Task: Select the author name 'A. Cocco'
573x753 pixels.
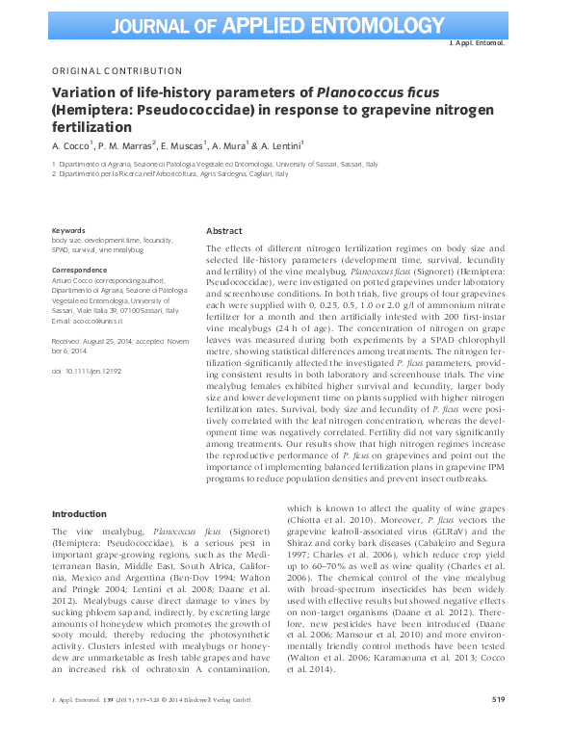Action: [x=70, y=146]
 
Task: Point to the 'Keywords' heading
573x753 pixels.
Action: [x=68, y=231]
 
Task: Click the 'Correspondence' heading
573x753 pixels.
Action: [x=79, y=271]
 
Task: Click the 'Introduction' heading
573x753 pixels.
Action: [x=79, y=514]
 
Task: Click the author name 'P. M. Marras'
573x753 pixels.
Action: [x=127, y=146]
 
